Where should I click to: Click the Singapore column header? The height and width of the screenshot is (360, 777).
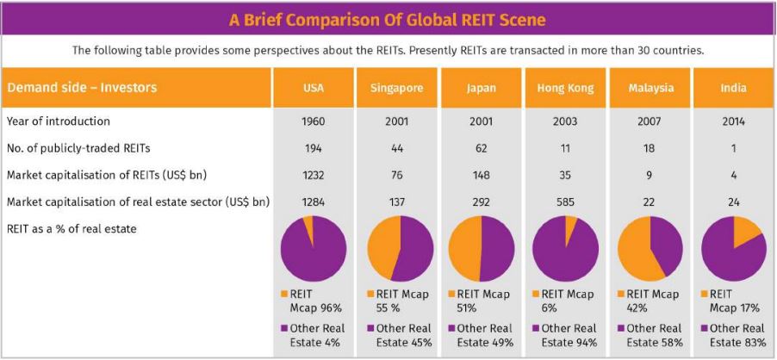[397, 88]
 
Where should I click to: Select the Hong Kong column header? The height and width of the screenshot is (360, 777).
[565, 88]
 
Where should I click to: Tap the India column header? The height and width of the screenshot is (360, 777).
[734, 88]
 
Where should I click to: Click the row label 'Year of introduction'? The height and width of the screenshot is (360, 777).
[59, 121]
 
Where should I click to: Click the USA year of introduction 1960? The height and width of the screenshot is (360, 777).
[314, 121]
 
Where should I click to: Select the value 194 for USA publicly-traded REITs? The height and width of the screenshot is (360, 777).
[314, 148]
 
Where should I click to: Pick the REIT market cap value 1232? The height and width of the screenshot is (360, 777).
[314, 176]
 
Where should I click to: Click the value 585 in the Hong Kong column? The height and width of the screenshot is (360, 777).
[565, 202]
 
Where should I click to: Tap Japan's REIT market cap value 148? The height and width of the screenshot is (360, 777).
[482, 176]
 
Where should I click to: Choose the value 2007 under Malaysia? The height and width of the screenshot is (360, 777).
[650, 121]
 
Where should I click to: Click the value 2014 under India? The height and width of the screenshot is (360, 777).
[734, 121]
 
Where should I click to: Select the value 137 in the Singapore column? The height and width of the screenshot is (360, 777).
[397, 202]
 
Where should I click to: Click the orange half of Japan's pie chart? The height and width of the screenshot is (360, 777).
[463, 249]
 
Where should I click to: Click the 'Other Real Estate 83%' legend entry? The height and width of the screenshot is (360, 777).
[734, 335]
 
